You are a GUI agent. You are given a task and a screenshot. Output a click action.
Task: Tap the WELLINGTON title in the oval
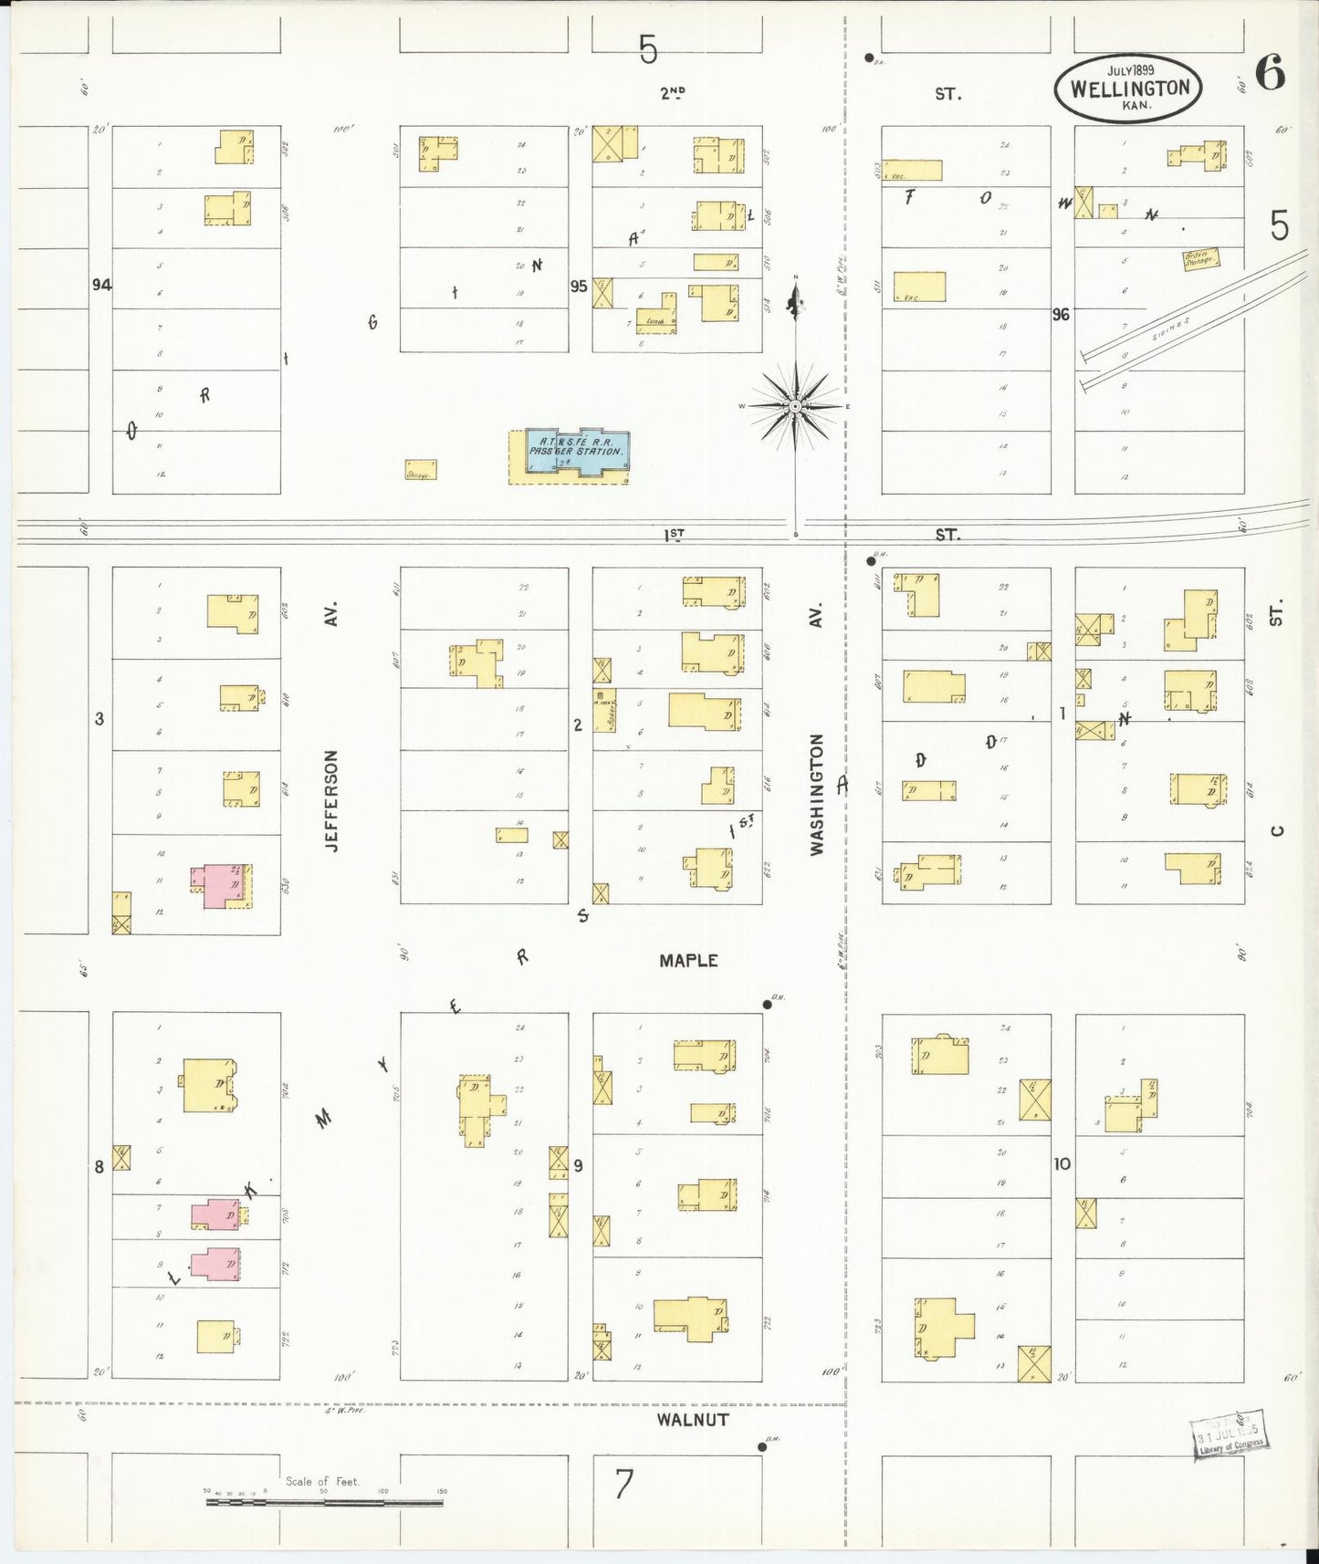(x=1130, y=89)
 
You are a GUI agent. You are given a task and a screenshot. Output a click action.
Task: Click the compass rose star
(x=795, y=405)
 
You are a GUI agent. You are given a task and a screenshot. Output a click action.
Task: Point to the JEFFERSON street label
(x=331, y=800)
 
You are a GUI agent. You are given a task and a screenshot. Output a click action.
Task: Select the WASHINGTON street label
(x=816, y=794)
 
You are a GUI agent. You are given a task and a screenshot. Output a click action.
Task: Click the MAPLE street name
(x=688, y=960)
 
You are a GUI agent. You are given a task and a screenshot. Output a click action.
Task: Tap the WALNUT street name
(x=693, y=1419)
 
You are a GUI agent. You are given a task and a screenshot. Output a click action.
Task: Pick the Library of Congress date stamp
(x=1230, y=1438)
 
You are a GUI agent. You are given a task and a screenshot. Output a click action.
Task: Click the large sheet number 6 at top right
(x=1270, y=73)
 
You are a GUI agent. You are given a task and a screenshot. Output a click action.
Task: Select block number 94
(x=101, y=285)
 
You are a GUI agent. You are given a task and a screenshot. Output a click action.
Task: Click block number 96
(x=1060, y=315)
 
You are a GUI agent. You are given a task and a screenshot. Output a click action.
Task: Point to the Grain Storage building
(x=1200, y=258)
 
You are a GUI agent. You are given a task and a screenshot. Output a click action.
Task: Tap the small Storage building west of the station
(x=421, y=470)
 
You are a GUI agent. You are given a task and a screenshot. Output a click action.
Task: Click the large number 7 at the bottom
(x=623, y=1485)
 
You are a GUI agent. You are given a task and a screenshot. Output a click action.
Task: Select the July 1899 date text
(x=1130, y=70)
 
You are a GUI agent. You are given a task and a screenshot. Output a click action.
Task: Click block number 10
(x=1062, y=1163)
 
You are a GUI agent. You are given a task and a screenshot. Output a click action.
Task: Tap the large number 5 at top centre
(x=648, y=49)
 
